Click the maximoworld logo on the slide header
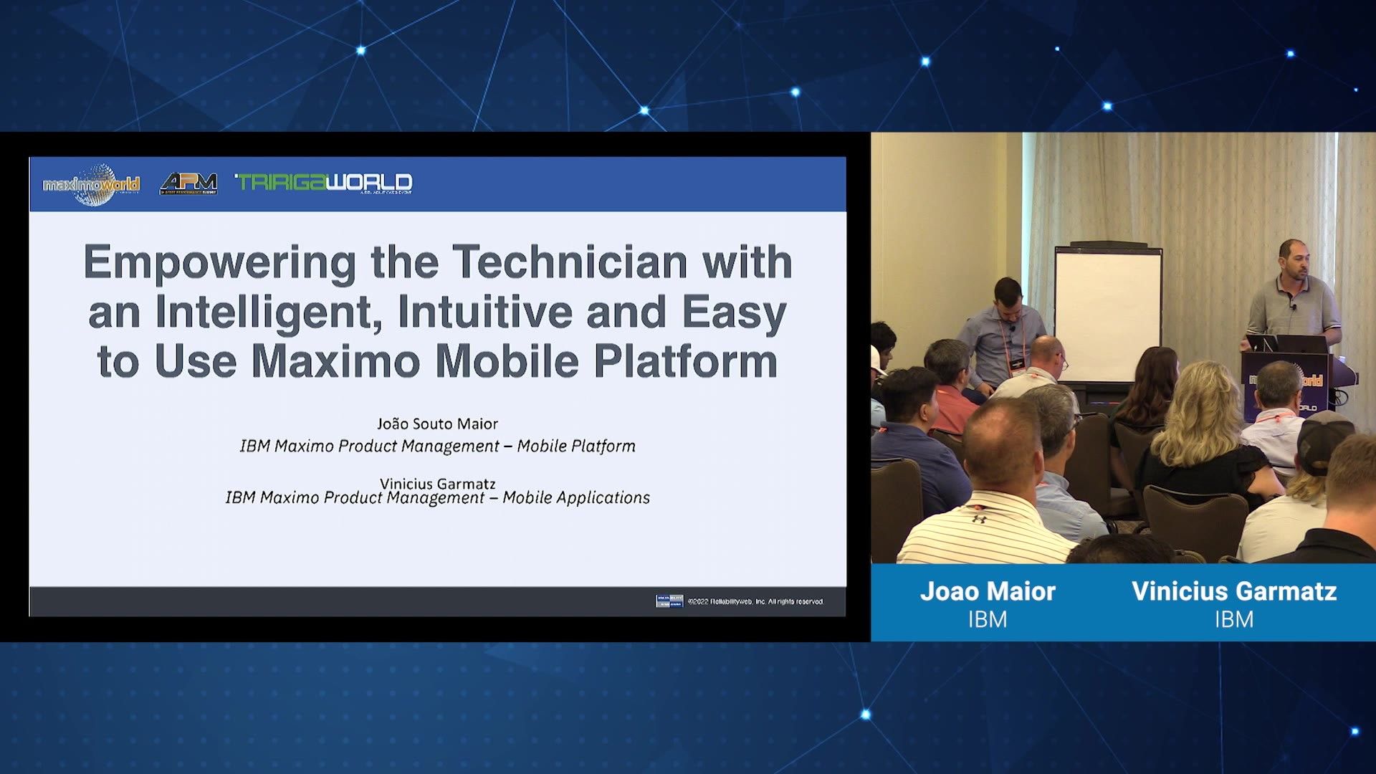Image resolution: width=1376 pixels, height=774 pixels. [91, 184]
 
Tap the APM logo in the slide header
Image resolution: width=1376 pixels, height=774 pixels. [188, 183]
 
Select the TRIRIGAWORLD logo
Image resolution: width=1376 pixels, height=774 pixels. [324, 183]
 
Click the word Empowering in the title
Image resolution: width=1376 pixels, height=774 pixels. [219, 262]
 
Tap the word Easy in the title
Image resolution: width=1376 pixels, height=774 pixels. [734, 312]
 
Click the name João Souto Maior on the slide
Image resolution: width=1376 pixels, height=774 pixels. [437, 424]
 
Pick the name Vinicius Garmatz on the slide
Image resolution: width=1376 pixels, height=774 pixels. [437, 484]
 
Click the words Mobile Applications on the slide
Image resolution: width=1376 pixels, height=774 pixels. [576, 498]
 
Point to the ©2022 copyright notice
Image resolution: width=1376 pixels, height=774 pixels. [755, 602]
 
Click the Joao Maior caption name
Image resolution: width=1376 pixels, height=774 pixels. [988, 591]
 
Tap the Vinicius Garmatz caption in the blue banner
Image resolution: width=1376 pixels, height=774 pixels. [1234, 591]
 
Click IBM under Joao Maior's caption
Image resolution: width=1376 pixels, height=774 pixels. [988, 619]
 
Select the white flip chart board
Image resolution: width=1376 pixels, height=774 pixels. [1108, 312]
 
